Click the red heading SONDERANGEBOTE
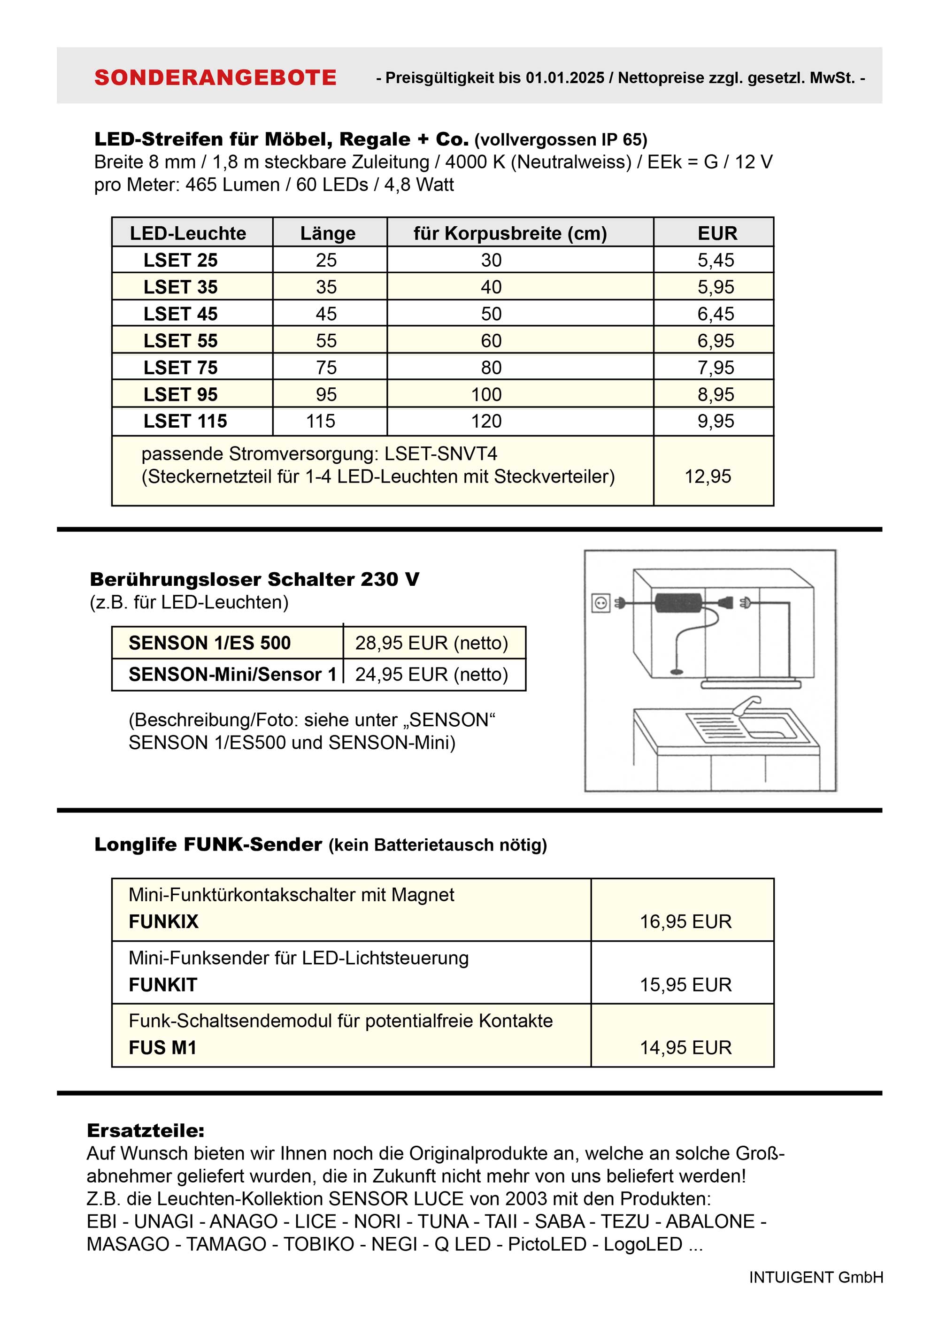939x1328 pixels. (215, 77)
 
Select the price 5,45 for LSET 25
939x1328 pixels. (715, 260)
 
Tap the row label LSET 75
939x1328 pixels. (180, 368)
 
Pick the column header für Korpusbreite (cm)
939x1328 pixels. (510, 234)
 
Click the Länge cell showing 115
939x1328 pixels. (321, 421)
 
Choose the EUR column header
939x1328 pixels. (717, 234)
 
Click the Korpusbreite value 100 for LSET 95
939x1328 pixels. (486, 394)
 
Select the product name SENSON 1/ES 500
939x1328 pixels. (209, 643)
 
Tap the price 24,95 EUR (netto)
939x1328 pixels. (431, 675)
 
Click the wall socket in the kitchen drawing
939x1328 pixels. (600, 603)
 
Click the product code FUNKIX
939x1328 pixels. (163, 922)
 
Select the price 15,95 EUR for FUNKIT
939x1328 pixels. (685, 985)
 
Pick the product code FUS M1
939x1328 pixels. (162, 1048)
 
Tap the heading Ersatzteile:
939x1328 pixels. (145, 1131)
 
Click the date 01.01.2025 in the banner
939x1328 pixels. (565, 78)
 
